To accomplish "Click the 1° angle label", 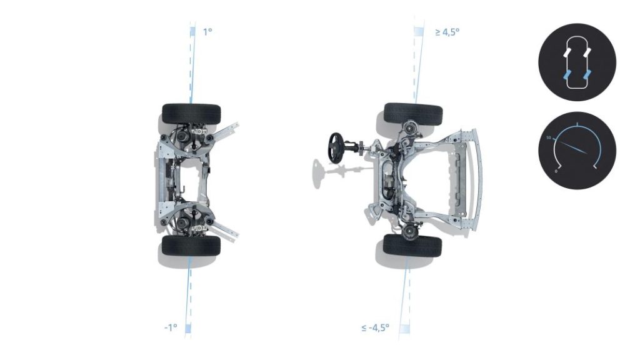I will pos(207,31).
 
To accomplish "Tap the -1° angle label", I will pos(170,327).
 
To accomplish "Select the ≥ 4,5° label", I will pos(447,31).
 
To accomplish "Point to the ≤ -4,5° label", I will pos(375,327).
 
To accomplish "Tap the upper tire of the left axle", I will pos(191,113).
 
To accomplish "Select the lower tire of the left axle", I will pos(191,246).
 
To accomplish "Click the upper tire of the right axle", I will pos(413,113).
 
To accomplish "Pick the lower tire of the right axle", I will pos(412,246).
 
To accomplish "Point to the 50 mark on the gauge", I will pos(548,137).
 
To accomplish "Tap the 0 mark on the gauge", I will pos(557,169).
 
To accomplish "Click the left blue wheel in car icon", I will pos(567,76).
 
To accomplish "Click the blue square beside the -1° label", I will pos(187,327).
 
